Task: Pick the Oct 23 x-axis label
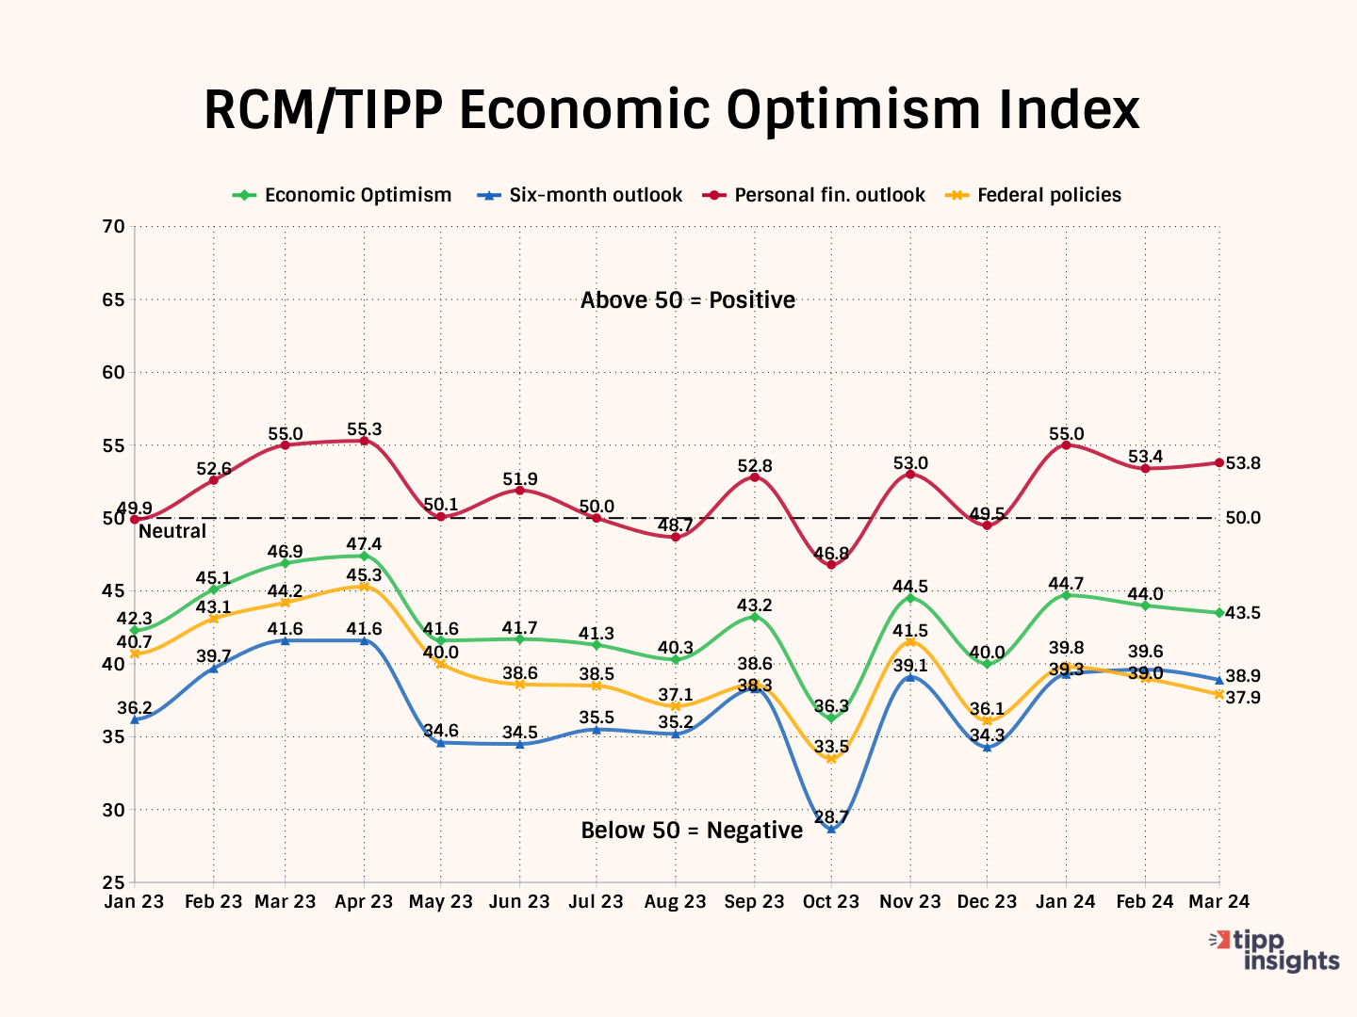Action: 831,902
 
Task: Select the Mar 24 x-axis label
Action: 1218,902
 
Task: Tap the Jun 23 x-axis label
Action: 519,902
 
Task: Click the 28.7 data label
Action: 831,815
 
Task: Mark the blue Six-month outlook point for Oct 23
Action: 831,830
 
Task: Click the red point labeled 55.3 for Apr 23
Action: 364,441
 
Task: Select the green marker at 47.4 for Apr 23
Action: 364,556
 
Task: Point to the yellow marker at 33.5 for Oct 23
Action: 831,758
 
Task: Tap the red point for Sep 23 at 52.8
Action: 755,477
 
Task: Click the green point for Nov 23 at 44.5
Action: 910,598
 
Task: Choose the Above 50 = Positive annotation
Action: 688,300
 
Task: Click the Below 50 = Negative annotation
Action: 692,831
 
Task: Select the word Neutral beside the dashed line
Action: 172,531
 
